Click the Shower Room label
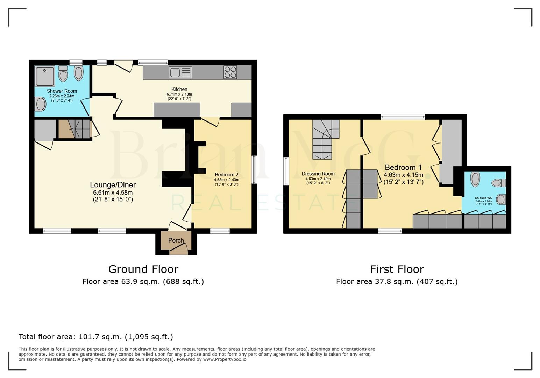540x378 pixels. coord(62,91)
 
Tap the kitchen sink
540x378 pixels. coord(180,72)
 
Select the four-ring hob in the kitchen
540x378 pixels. coord(230,72)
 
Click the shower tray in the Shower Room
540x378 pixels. coord(45,76)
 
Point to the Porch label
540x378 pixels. coord(176,240)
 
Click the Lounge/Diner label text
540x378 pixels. coord(113,185)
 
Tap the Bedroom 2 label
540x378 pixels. coord(227,175)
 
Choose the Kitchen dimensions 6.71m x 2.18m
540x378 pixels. coord(179,94)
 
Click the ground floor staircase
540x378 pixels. coord(74,129)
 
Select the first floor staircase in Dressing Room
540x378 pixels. coord(323,139)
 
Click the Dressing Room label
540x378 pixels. coord(318,174)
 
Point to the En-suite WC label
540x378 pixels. coord(483,198)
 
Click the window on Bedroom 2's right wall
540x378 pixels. coord(254,170)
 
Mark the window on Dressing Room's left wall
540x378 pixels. coord(286,171)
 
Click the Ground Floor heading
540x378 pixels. coord(143,269)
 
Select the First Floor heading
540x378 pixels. coord(397,269)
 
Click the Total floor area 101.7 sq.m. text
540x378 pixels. coord(95,337)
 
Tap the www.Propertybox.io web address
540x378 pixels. coord(225,359)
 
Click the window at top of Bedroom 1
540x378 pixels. coord(403,117)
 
